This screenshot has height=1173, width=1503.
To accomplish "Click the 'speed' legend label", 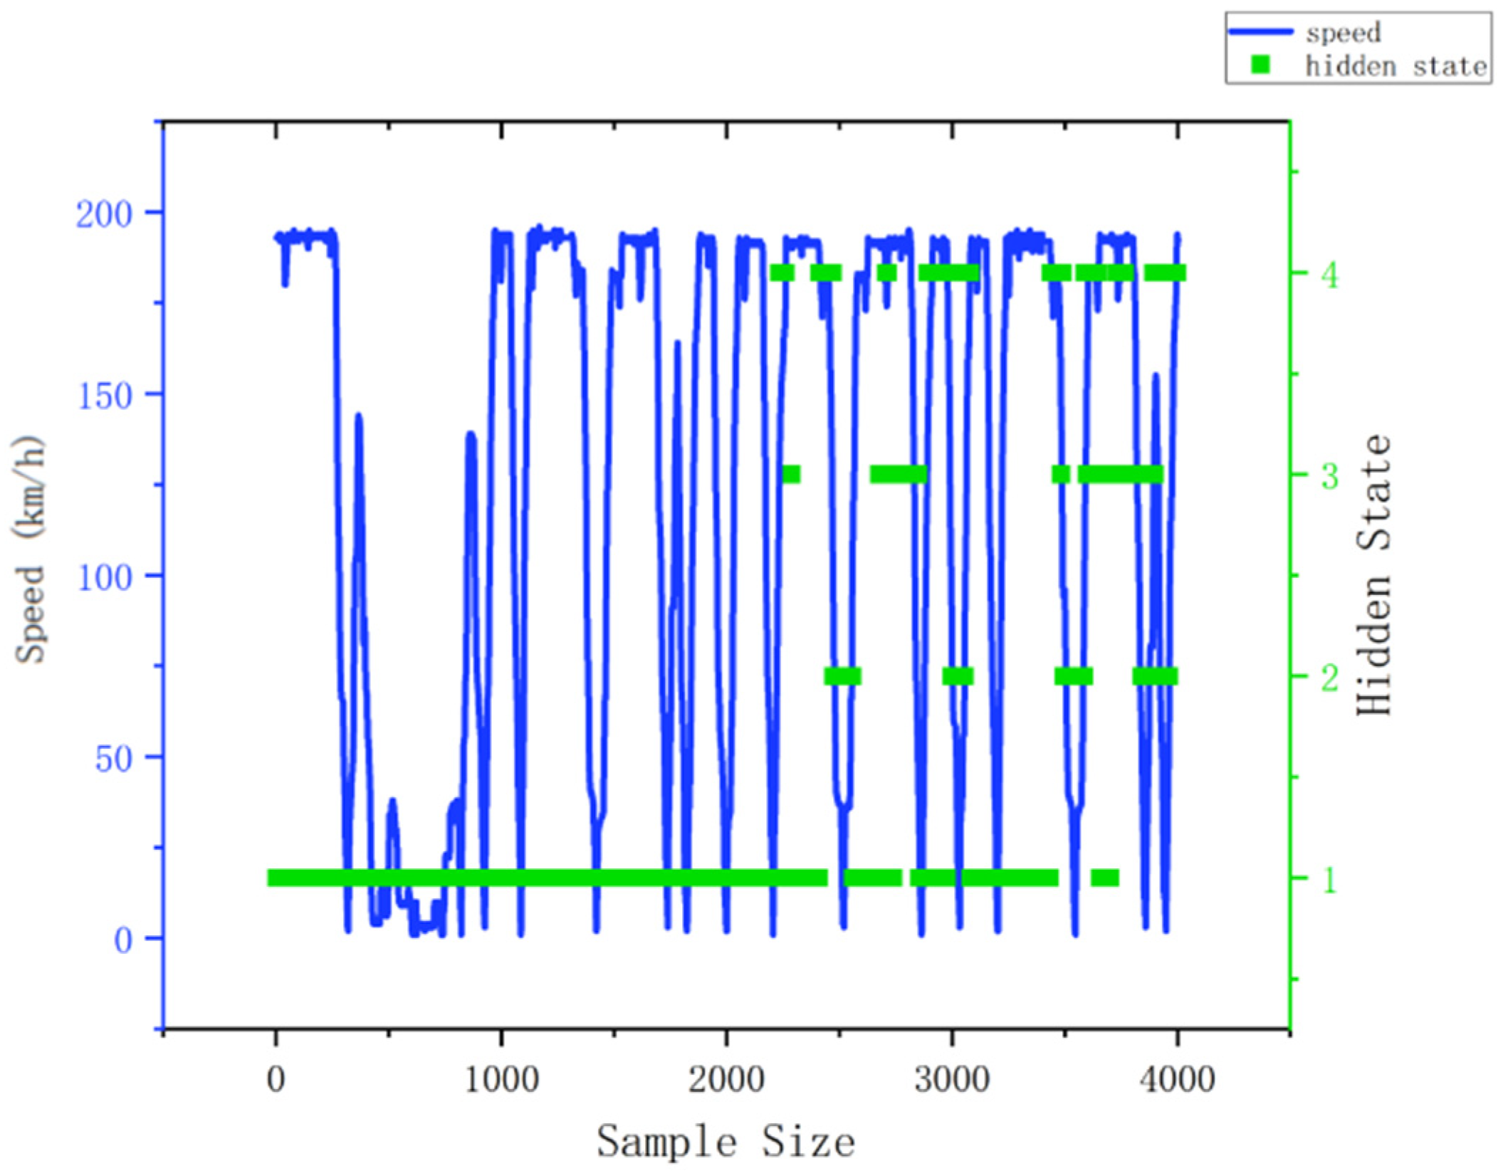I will (x=1343, y=33).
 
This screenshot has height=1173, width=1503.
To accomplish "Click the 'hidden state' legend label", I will (x=1396, y=66).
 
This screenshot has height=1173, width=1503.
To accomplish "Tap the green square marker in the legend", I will (x=1261, y=65).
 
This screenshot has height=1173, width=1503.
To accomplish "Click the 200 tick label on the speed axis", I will (x=105, y=214).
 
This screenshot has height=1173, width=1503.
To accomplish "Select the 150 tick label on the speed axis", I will (x=105, y=396).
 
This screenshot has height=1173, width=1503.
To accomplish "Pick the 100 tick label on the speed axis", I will (x=105, y=577).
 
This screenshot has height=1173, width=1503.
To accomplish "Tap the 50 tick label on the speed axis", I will (x=114, y=759).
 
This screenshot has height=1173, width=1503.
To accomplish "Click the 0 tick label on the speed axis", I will (x=123, y=941).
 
